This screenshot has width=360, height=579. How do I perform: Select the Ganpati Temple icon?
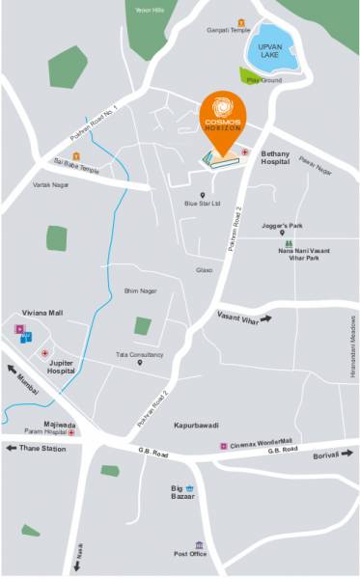[x=239, y=20]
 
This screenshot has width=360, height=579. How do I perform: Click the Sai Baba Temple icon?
[x=76, y=156]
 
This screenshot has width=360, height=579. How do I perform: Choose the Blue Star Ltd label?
[x=204, y=204]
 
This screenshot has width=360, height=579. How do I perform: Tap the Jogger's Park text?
[x=281, y=225]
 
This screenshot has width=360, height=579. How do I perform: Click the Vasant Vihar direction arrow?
[x=263, y=317]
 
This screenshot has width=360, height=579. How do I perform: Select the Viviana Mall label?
[x=42, y=314]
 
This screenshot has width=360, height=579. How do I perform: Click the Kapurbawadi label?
[x=195, y=425]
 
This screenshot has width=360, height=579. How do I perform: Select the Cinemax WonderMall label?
[x=261, y=445]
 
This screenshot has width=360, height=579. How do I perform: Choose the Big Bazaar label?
[x=183, y=492]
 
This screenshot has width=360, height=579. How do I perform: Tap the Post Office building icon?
[x=200, y=545]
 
